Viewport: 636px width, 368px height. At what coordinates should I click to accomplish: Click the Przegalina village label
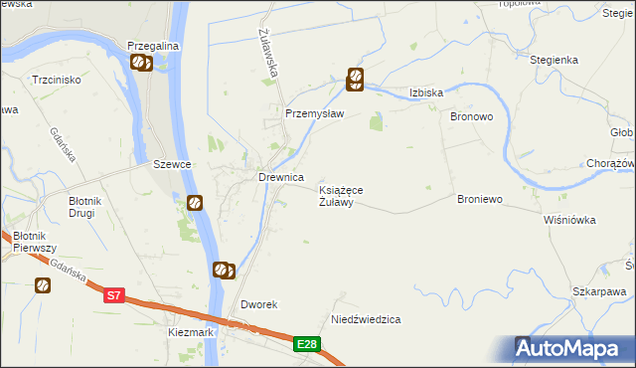(151, 46)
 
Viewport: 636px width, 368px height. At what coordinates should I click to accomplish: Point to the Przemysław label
(314, 113)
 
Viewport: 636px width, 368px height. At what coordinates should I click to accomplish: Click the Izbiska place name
(425, 92)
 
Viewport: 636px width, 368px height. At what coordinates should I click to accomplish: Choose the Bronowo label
(473, 116)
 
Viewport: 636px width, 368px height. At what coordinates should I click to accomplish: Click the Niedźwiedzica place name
(366, 320)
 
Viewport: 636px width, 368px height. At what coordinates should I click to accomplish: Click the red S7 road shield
(115, 294)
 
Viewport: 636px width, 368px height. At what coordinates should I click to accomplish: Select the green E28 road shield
(308, 344)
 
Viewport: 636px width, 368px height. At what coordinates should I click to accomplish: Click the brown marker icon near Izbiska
(354, 79)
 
